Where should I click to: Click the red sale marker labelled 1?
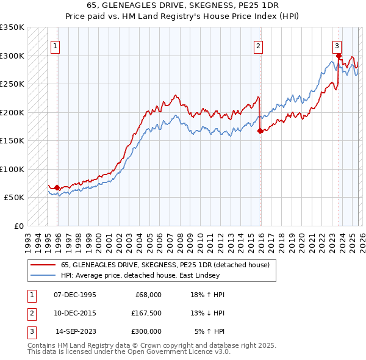pyautogui.click(x=57, y=188)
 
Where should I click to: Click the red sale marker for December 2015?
pyautogui.click(x=260, y=131)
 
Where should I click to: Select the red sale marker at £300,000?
pyautogui.click(x=339, y=56)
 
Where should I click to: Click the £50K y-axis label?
pyautogui.click(x=14, y=198)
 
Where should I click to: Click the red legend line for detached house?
pyautogui.click(x=43, y=264)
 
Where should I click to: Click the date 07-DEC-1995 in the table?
pyautogui.click(x=75, y=295)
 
